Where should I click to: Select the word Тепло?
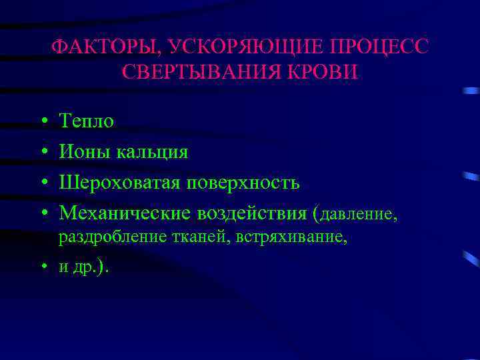87,121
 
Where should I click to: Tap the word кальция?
153,153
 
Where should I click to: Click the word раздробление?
107,238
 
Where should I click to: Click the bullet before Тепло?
42,122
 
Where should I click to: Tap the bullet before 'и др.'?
42,268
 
